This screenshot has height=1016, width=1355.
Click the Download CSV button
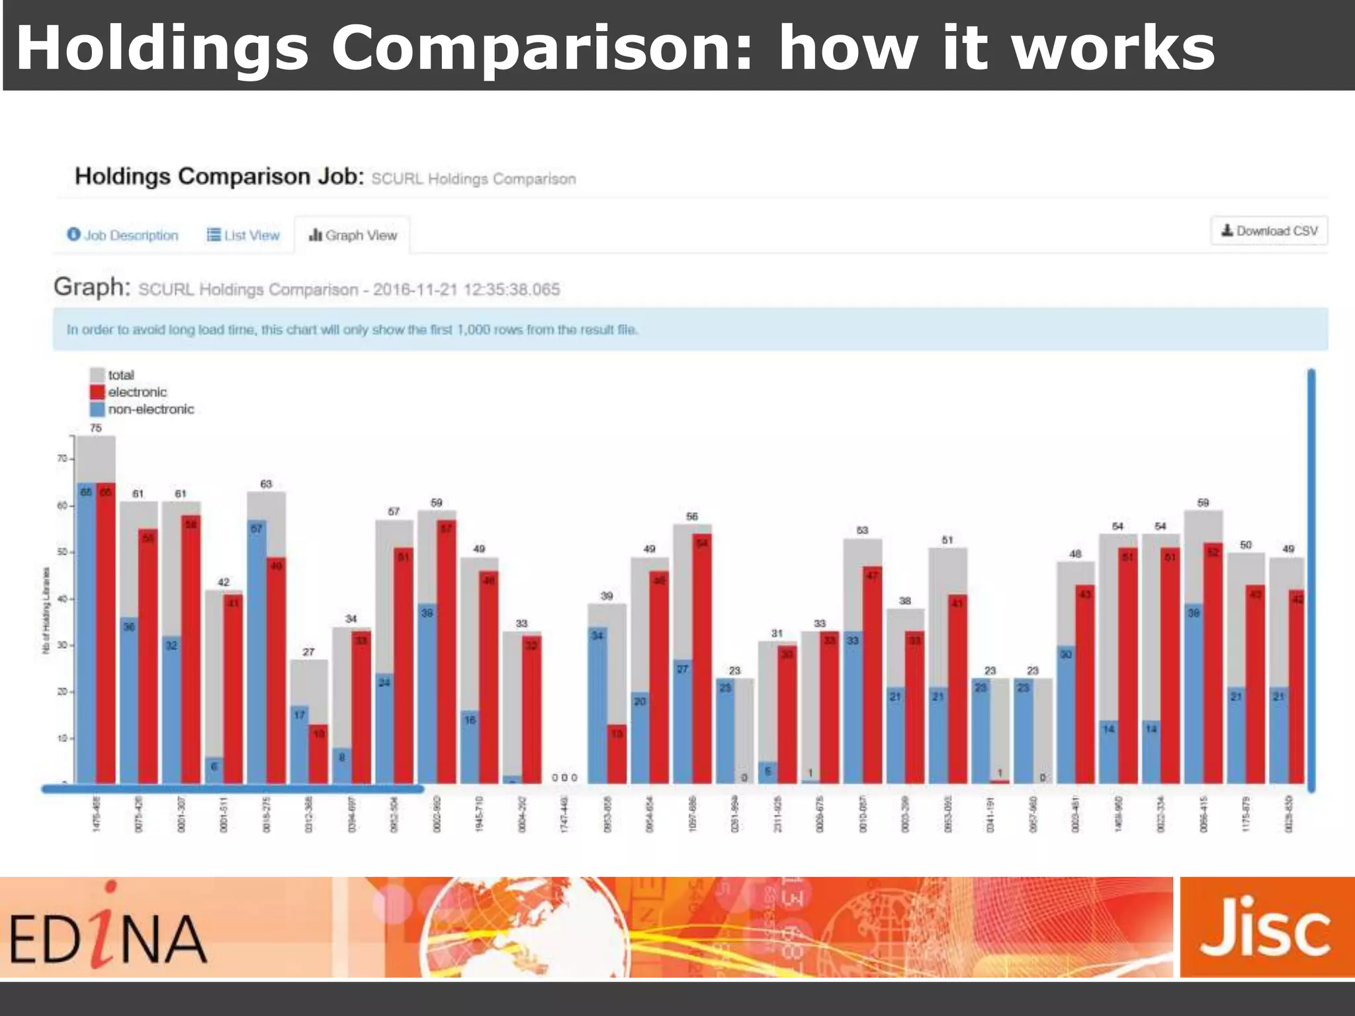click(x=1269, y=231)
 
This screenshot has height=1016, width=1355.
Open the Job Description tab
click(x=123, y=235)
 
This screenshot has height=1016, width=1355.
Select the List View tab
click(x=243, y=235)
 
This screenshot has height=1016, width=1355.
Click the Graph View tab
click(x=353, y=235)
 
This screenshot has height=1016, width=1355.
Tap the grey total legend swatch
click(x=97, y=375)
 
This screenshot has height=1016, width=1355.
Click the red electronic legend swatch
click(x=97, y=392)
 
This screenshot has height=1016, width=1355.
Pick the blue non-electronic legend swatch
click(x=97, y=409)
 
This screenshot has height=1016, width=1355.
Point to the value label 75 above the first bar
click(x=96, y=428)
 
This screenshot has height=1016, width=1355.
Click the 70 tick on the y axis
click(x=62, y=458)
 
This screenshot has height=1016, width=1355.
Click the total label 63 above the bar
click(x=266, y=484)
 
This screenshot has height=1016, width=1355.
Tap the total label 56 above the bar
click(x=692, y=516)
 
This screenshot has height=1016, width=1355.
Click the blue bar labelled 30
click(x=1066, y=714)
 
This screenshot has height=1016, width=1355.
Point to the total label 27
click(x=308, y=652)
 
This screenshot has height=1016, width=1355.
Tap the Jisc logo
click(x=1266, y=927)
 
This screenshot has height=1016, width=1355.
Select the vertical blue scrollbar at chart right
click(x=1311, y=580)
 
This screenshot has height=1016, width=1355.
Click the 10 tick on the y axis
click(x=62, y=738)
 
